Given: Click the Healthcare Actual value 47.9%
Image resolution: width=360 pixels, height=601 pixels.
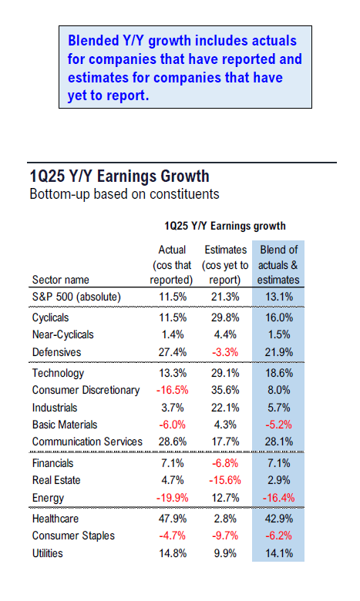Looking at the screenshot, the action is [173, 519].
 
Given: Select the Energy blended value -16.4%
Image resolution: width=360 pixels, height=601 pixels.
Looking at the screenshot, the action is [278, 498].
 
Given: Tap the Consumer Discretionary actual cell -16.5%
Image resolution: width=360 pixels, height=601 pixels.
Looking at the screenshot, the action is [172, 390].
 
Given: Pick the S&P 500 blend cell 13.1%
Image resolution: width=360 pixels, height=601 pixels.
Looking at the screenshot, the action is [279, 297].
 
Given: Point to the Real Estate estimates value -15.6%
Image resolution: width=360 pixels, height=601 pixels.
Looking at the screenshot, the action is [225, 480].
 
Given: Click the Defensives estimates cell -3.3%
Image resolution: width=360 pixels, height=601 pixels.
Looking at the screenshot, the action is [225, 352].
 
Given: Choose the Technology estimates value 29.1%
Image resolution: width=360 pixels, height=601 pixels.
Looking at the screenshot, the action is [225, 373].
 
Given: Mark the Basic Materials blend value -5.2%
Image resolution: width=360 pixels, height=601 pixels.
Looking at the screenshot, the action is [279, 425].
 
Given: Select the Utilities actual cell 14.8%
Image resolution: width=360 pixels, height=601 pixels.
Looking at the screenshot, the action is [173, 553].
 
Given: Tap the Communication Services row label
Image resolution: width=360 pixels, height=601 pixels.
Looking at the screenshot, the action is [87, 442].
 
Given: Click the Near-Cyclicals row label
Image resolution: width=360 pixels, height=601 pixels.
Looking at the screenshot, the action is [63, 334].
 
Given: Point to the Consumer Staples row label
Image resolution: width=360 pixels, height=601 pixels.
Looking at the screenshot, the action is [73, 536].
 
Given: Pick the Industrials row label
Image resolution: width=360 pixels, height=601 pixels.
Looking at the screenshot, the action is [55, 408].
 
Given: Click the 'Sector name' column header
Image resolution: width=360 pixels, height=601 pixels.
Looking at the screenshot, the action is [61, 280].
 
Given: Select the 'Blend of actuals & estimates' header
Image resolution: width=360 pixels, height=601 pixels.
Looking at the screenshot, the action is [278, 265].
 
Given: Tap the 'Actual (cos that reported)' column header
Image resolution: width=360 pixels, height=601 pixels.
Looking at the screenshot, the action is [171, 265].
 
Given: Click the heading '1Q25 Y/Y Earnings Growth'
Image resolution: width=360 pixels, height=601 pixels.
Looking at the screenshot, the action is [119, 176].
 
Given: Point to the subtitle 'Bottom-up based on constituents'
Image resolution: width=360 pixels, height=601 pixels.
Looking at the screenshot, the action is [125, 194].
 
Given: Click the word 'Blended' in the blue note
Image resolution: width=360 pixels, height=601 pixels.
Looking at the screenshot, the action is [93, 41].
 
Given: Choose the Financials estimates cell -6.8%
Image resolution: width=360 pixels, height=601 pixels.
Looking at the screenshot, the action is [225, 463].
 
